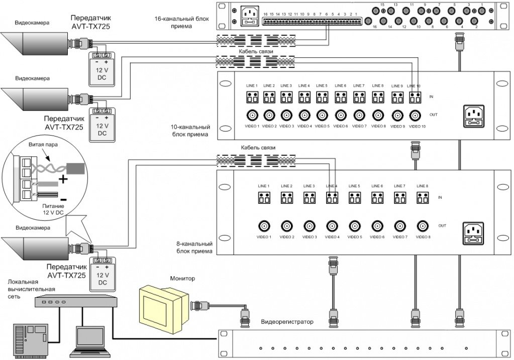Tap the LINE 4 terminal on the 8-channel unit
coord(331,198)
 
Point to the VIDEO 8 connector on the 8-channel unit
coord(422,225)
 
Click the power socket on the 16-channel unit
coord(248,15)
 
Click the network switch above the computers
coord(75,301)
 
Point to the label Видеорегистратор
coord(286,321)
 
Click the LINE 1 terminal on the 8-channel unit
coord(264,198)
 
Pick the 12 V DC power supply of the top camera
coord(102,70)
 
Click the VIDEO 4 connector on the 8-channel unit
coord(332,225)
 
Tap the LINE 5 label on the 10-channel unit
coord(323,86)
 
